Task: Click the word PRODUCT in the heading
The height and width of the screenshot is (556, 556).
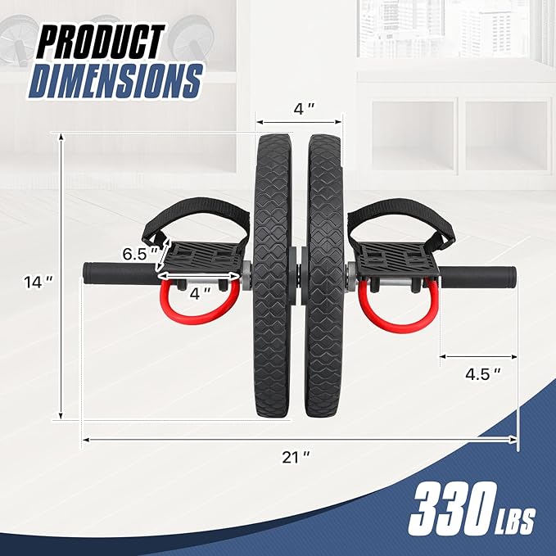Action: coord(101,42)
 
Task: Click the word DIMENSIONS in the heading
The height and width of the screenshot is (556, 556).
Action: coord(116,81)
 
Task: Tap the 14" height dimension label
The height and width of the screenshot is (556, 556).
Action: coord(38,282)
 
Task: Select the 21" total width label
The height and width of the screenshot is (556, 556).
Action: coord(296,457)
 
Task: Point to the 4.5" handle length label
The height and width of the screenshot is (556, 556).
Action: coord(482,373)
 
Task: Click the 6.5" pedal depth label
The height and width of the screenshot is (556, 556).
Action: coord(140,254)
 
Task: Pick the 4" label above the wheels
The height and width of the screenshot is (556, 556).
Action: coord(304,109)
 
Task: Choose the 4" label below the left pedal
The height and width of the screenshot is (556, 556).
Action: coord(200,293)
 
